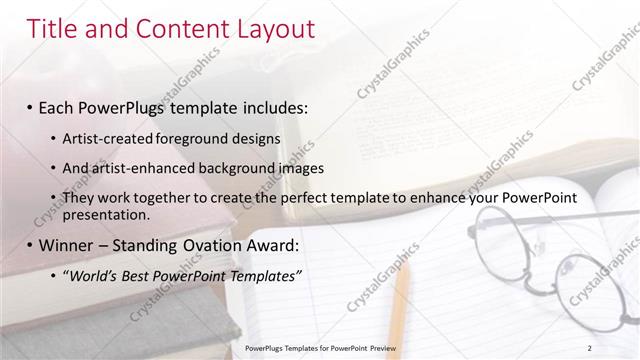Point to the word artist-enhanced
(144, 168)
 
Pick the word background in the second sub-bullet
(236, 168)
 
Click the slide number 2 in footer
(590, 347)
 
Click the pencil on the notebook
(401, 300)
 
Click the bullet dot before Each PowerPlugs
(30, 106)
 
